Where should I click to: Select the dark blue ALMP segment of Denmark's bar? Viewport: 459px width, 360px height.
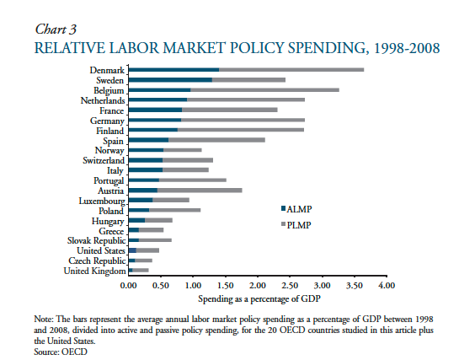[x=173, y=70]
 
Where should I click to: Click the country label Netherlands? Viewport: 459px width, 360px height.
[x=102, y=99]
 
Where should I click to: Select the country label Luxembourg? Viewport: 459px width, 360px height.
[x=101, y=201]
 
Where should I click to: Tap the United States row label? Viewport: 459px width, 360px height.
[x=100, y=250]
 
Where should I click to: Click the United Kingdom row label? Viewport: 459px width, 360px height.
[x=95, y=271]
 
